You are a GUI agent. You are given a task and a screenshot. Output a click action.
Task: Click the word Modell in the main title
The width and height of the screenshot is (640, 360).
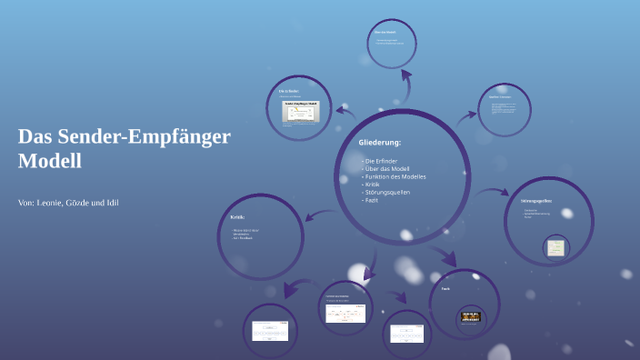tap(50, 162)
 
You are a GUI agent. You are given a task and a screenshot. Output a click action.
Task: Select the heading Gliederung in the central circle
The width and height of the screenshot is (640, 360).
tap(380, 143)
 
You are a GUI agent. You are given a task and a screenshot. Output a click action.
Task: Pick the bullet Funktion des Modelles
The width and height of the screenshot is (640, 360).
tap(395, 176)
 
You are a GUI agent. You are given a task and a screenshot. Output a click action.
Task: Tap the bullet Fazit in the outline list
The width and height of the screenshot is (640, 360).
tap(374, 199)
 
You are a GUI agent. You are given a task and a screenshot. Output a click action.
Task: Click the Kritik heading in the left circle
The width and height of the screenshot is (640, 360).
tap(237, 217)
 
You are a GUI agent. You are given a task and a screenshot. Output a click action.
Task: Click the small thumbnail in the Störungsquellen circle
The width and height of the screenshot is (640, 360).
tap(555, 246)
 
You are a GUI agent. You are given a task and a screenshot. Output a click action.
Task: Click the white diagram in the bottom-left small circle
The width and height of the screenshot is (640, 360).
tap(270, 331)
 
